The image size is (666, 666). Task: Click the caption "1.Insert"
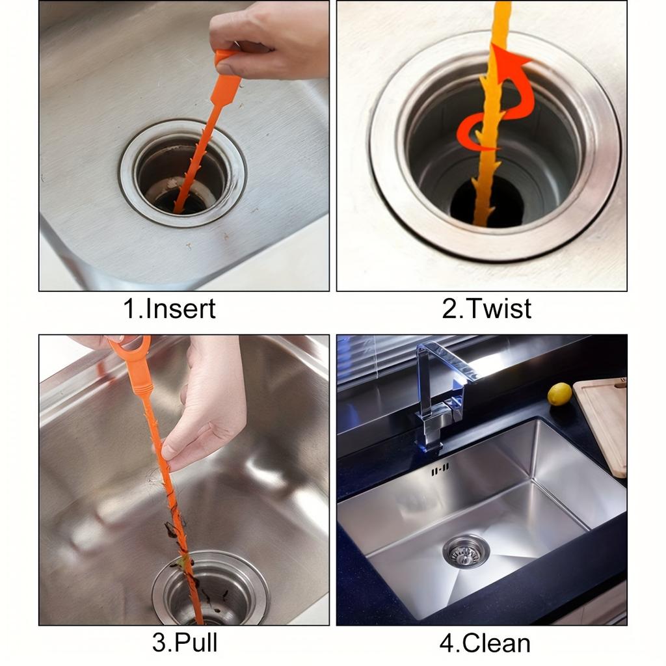169,308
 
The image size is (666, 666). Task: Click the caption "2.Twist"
486,308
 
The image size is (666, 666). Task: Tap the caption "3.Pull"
185,643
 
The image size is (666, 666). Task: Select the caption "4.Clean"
485,643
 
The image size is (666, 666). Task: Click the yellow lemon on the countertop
559,394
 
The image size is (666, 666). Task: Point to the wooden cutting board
603,423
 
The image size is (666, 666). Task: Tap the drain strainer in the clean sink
466,552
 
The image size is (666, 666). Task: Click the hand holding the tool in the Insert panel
273,39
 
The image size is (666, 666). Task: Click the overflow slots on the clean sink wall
440,468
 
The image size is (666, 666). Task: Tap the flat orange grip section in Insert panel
226,88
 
